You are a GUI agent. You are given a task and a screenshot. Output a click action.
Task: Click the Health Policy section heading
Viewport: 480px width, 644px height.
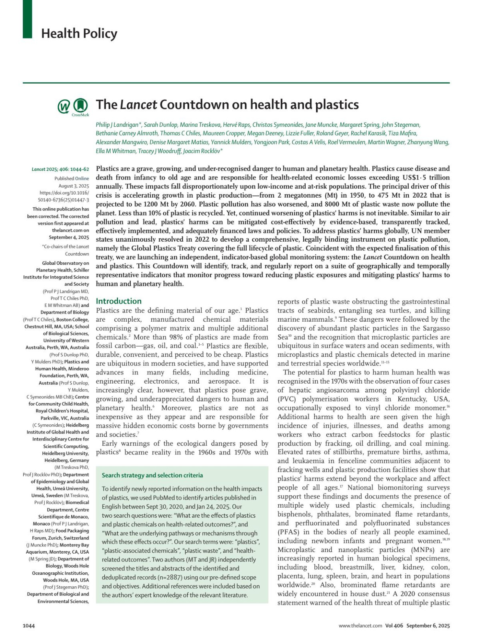(x=79, y=34)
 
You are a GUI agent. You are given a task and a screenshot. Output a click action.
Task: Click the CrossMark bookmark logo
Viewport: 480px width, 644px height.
(x=80, y=106)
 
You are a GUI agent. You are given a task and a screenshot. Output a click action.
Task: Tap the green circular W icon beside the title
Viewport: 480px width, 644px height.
(x=64, y=107)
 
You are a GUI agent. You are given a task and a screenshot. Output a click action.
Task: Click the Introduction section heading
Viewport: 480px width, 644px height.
(x=119, y=301)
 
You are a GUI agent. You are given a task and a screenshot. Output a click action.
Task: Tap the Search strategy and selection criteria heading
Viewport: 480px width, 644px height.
(x=152, y=475)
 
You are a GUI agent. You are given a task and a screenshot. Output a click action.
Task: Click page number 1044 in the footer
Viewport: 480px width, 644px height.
(x=29, y=626)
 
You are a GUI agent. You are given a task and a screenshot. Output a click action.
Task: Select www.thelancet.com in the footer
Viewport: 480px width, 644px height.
(x=360, y=626)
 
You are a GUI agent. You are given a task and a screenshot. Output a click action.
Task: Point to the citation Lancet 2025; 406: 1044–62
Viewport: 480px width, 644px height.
(x=60, y=170)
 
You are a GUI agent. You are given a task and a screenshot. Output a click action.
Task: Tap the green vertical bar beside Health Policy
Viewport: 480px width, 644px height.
(x=27, y=19)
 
